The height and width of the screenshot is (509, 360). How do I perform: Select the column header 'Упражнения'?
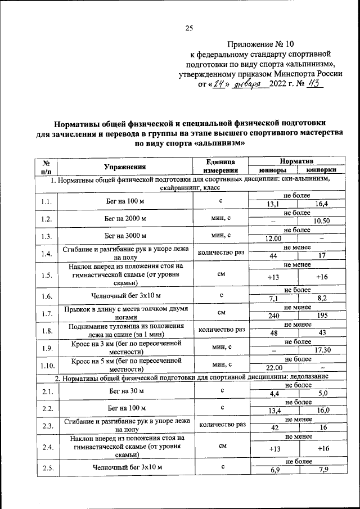[x=125, y=166]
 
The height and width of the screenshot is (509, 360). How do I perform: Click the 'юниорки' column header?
[x=322, y=170]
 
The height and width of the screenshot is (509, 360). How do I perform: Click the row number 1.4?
[x=47, y=254]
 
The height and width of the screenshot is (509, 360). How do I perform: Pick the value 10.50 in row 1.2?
[x=322, y=222]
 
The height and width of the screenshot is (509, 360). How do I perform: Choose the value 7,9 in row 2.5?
[x=322, y=470]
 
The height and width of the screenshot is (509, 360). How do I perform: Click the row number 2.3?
[x=47, y=426]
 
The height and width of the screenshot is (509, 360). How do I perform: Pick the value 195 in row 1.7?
[x=322, y=317]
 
